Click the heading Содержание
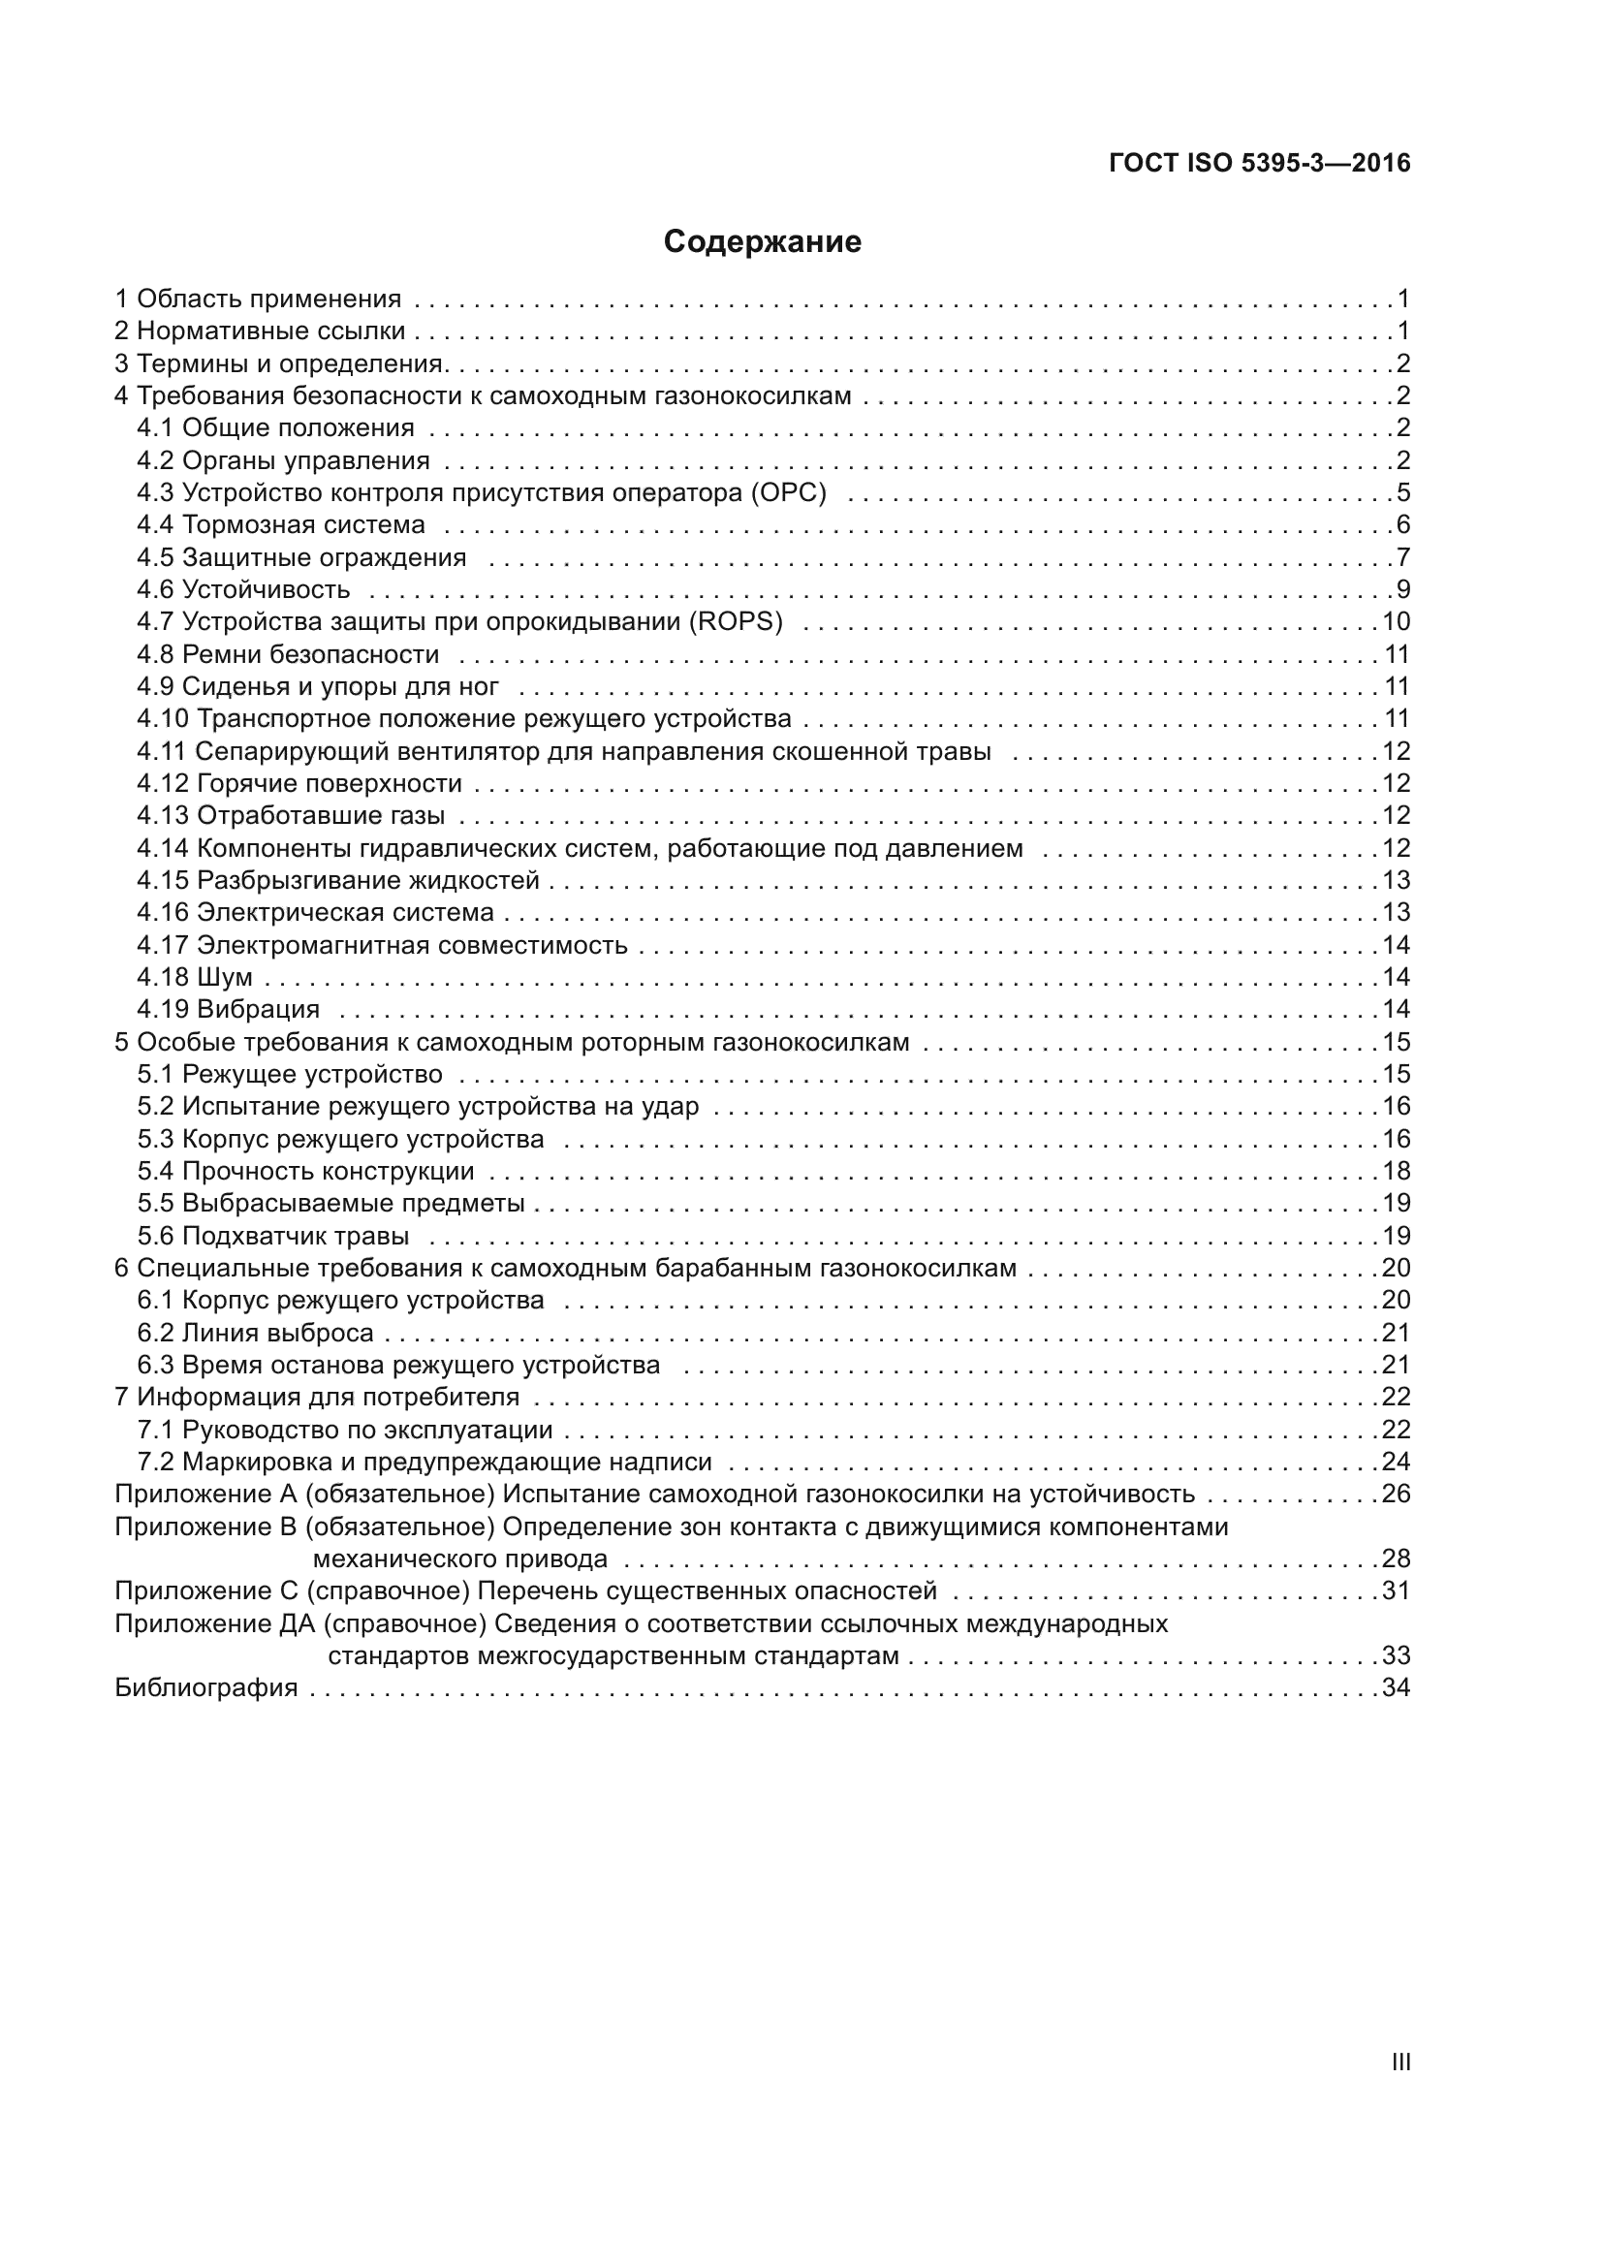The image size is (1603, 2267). click(x=762, y=242)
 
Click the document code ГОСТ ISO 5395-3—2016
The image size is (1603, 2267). click(x=1260, y=164)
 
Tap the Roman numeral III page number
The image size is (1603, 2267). click(x=1399, y=2062)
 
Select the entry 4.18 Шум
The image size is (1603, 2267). click(x=195, y=978)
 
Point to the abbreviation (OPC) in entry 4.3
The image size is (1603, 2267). click(x=788, y=492)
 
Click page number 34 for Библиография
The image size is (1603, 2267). click(x=1396, y=1687)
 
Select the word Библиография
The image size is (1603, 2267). click(x=206, y=1687)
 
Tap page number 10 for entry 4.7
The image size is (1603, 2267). click(x=1396, y=622)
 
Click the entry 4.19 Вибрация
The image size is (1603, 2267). click(x=228, y=1009)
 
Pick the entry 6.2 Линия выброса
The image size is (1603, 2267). click(x=255, y=1333)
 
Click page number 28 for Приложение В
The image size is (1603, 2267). click(x=1396, y=1559)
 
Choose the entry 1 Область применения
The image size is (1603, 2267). click(x=259, y=299)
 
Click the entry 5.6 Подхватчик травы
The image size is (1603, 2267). click(x=272, y=1236)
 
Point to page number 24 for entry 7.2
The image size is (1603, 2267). click(x=1396, y=1462)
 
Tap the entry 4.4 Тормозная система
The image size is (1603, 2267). click(x=280, y=525)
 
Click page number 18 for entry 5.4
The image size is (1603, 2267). click(x=1396, y=1171)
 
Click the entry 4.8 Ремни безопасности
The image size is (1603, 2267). click(x=287, y=654)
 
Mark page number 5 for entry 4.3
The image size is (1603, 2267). click(x=1402, y=492)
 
